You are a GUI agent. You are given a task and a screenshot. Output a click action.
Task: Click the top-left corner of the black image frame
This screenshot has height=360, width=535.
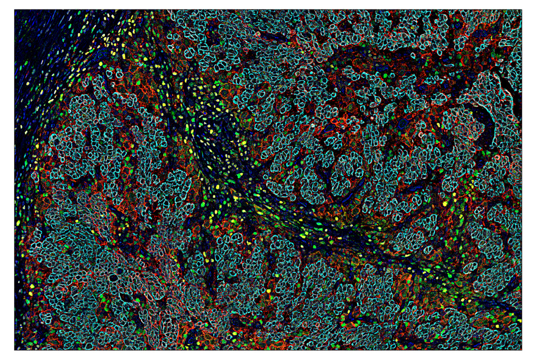(15, 10)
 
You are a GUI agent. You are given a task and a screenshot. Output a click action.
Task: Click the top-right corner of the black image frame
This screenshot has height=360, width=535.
(521, 10)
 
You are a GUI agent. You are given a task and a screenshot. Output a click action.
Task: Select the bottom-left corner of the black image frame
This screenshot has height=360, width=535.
(15, 350)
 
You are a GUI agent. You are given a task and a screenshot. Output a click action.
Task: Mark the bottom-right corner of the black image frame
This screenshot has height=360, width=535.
(521, 350)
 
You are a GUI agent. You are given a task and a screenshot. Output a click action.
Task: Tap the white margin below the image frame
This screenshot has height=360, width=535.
(267, 355)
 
